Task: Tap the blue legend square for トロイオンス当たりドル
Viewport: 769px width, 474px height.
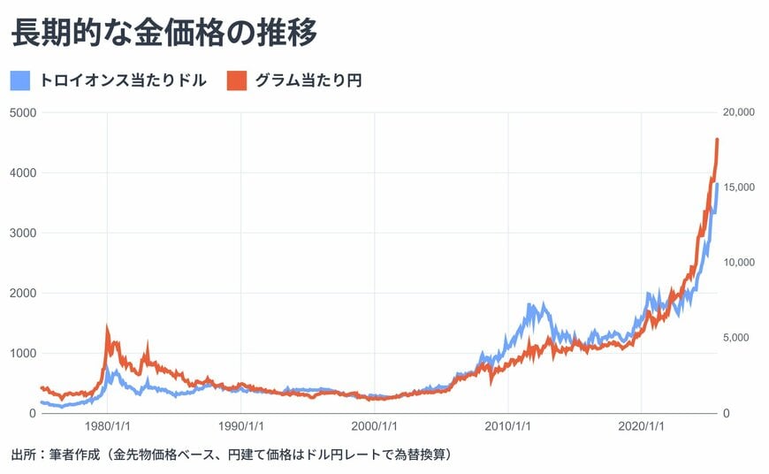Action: pos(22,80)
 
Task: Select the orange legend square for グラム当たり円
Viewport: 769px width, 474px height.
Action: pos(236,80)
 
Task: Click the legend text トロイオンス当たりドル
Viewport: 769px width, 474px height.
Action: pos(124,80)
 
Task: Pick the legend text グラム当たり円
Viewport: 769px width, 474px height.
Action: pos(308,80)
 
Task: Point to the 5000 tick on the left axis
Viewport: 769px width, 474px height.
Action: pos(23,112)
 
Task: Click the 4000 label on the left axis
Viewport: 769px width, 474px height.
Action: pos(23,172)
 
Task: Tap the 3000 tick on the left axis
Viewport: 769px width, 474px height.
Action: pos(23,233)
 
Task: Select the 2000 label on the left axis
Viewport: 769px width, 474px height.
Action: pos(23,293)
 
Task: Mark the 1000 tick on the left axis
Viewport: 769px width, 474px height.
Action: pos(23,353)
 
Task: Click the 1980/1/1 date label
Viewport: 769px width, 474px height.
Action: pos(107,425)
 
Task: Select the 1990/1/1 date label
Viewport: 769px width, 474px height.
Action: pos(240,425)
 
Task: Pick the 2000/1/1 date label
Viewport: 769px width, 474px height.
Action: pos(374,425)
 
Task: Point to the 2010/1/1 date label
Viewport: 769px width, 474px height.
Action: pos(507,425)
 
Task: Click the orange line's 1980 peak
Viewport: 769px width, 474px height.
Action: pos(107,326)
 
